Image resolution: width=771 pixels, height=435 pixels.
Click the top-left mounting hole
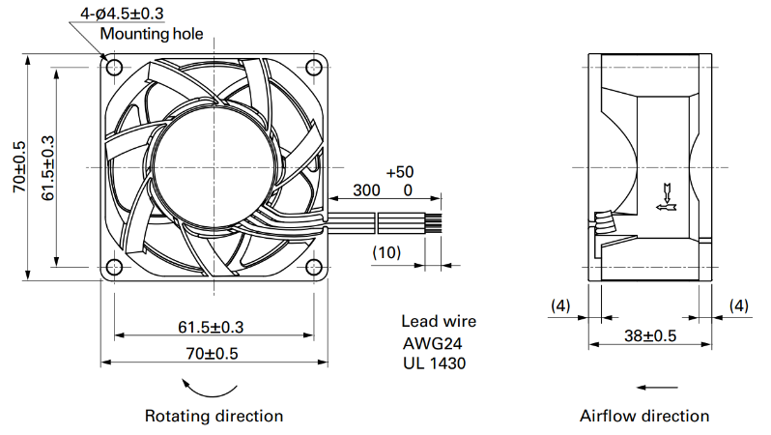coord(114,67)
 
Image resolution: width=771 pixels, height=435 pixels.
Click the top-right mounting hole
coord(314,67)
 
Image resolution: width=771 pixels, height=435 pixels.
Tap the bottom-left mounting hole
coord(114,267)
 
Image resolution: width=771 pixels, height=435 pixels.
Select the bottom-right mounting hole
coord(314,267)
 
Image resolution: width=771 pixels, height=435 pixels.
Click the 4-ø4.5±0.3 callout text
coord(122,14)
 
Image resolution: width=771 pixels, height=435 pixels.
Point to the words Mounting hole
coord(152,34)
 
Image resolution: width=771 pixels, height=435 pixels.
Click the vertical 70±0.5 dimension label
coord(19,167)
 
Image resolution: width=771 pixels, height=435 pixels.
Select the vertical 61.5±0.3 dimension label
coord(47,168)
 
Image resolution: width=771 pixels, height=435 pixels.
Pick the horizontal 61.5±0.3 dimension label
coord(211,327)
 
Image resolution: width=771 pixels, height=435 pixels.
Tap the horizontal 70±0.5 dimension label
coord(212,353)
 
